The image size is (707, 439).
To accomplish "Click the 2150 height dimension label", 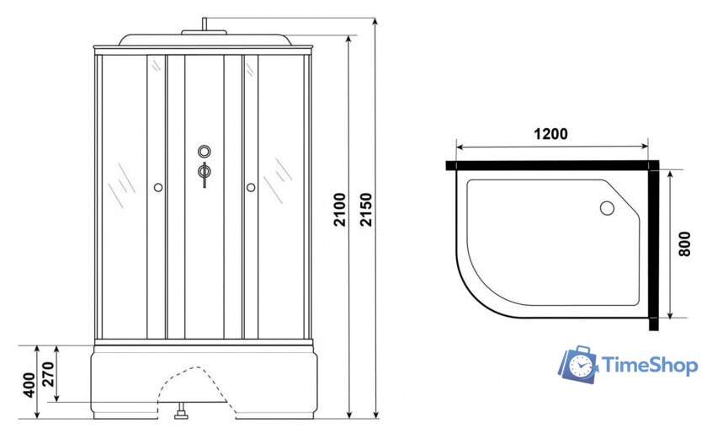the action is [366, 209].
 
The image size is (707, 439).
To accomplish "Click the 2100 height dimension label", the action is [339, 209].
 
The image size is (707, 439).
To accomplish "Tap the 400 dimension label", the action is [29, 385].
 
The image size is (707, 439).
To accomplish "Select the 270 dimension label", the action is [48, 374].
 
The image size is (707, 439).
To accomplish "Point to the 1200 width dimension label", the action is [550, 134].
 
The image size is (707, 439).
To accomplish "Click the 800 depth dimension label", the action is [684, 244].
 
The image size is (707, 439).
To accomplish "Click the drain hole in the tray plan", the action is [607, 208].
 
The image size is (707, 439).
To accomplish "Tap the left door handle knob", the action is [158, 187].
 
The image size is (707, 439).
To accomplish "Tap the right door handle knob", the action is [251, 187].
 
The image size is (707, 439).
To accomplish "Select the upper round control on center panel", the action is [205, 151].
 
